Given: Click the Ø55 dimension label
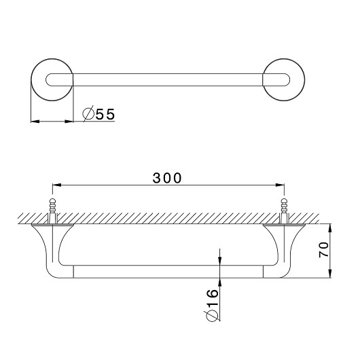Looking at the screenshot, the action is [98, 113].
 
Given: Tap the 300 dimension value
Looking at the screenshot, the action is [167, 178].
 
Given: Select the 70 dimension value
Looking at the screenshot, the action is [324, 250].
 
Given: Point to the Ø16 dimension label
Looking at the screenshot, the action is [211, 305].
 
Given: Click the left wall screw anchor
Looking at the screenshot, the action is [52, 211].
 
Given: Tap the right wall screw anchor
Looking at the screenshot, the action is [284, 211].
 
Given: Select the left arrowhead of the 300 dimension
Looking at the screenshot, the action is [56, 185].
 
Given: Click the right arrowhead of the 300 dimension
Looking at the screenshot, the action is [280, 185].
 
